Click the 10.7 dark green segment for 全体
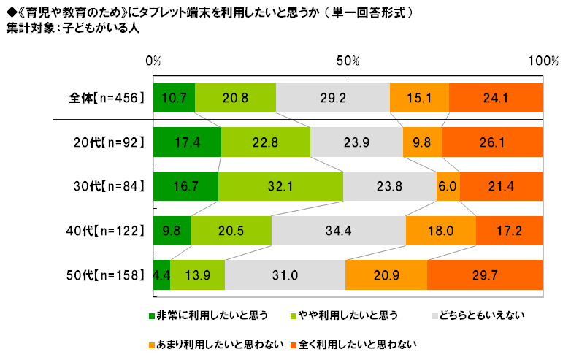(x=174, y=99)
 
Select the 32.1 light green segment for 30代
(x=280, y=186)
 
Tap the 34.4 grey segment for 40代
(x=339, y=230)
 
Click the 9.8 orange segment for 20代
(x=422, y=142)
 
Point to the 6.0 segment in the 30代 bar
(x=448, y=186)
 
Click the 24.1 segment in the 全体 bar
(x=496, y=99)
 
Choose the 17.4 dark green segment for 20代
(x=187, y=142)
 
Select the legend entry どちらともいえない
(x=479, y=316)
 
